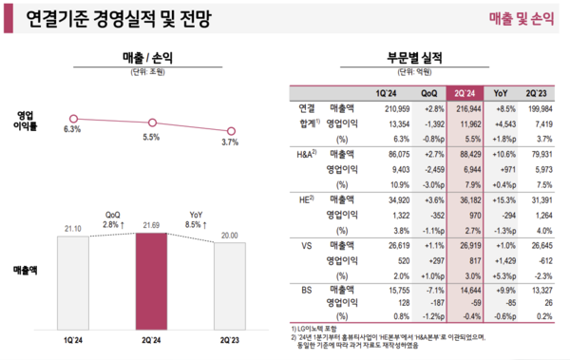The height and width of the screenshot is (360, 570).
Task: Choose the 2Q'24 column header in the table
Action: tap(465, 93)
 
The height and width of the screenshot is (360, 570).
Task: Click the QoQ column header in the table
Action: tap(428, 93)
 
